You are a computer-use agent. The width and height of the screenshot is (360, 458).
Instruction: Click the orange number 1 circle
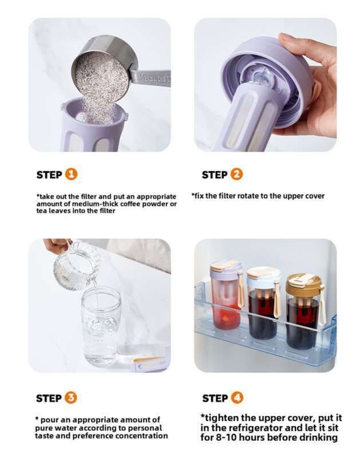[71, 175]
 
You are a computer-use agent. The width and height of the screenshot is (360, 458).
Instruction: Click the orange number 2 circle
[236, 174]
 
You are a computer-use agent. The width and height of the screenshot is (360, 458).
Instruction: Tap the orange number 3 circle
[71, 397]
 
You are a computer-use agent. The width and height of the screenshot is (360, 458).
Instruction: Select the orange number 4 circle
[237, 397]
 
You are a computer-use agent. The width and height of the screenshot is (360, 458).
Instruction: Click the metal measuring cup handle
[151, 77]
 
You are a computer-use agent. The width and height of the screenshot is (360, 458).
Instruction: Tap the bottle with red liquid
[226, 294]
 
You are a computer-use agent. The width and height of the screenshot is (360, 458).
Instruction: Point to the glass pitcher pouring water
[77, 264]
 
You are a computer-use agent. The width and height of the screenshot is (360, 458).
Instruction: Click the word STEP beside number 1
[49, 175]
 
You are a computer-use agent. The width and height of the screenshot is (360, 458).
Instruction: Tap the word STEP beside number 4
[215, 398]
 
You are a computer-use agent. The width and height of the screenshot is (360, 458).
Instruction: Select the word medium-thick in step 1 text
[95, 204]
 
